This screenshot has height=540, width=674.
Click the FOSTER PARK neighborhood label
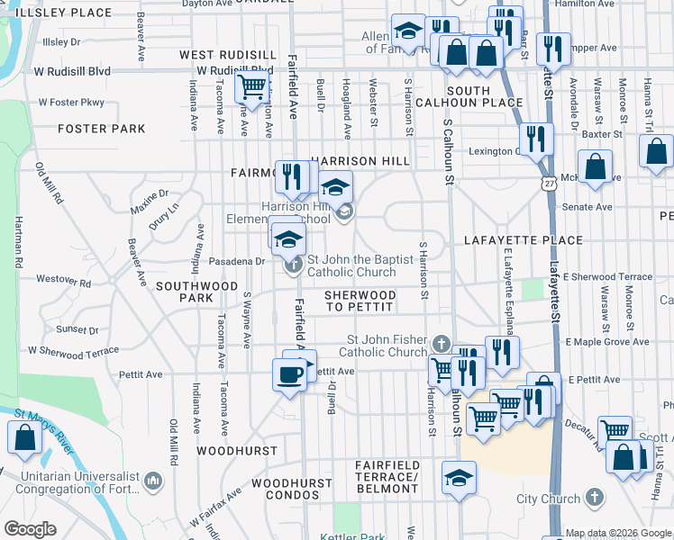[101, 129]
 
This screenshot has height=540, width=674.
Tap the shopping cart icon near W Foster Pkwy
[251, 87]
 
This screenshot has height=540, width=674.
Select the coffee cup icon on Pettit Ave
[289, 374]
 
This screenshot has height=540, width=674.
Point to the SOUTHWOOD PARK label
[196, 291]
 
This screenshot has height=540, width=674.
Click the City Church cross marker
[594, 498]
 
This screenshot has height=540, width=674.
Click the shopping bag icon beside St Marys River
[24, 437]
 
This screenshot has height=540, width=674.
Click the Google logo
[30, 529]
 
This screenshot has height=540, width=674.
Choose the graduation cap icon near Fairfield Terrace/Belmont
[459, 477]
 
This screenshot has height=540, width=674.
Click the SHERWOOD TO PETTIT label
[360, 301]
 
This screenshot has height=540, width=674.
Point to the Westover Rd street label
[73, 281]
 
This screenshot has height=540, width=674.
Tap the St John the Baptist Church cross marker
[294, 265]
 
